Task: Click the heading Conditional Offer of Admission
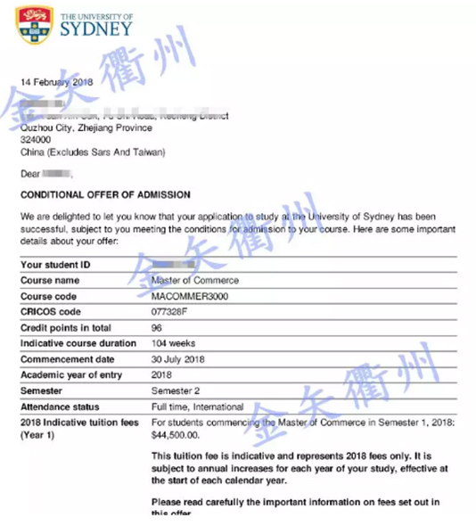[105, 194]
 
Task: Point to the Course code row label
[48, 297]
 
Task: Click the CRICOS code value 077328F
[171, 312]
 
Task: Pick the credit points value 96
[157, 328]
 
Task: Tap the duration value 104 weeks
[174, 343]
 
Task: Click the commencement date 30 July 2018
[178, 359]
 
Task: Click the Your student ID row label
[55, 266]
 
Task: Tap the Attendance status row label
[61, 406]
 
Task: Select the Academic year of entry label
[71, 374]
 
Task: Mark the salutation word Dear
[29, 173]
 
